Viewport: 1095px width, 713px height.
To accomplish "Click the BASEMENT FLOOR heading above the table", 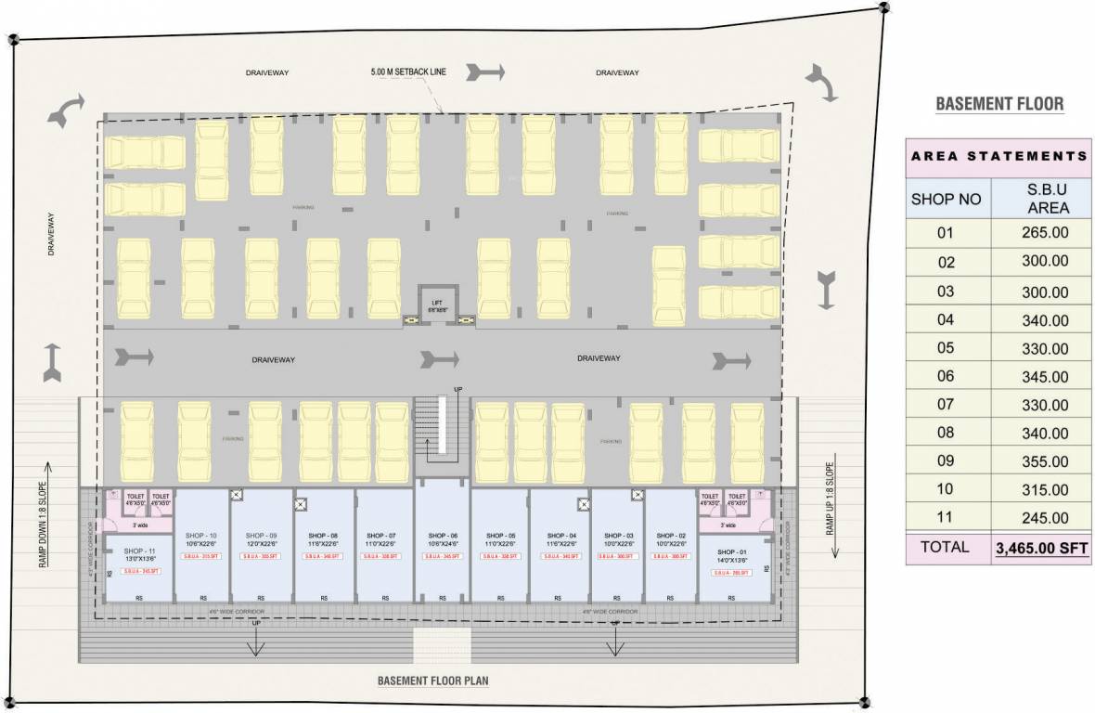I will pyautogui.click(x=999, y=104).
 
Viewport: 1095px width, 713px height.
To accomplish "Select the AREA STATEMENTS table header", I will pyautogui.click(x=998, y=156).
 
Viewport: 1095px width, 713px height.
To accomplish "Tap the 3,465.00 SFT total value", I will pyautogui.click(x=1043, y=549).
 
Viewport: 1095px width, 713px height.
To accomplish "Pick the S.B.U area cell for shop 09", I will pyautogui.click(x=1043, y=461).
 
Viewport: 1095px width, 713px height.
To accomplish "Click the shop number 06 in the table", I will pyautogui.click(x=946, y=377).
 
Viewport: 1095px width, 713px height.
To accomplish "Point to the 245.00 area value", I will pyautogui.click(x=1043, y=518).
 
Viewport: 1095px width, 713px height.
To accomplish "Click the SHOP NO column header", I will pyautogui.click(x=946, y=199).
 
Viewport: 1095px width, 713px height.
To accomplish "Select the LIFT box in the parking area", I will pyautogui.click(x=438, y=304).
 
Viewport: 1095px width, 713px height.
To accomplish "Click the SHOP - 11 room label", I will pyautogui.click(x=139, y=551).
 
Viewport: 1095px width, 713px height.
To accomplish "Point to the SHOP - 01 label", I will pyautogui.click(x=730, y=551).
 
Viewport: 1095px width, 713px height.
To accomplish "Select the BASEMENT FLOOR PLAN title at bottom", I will pyautogui.click(x=432, y=681).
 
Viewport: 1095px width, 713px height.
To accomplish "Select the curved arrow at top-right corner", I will pyautogui.click(x=821, y=83).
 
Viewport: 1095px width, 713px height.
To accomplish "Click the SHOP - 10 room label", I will pyautogui.click(x=200, y=537).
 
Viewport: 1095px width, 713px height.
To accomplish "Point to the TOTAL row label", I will pyautogui.click(x=946, y=548).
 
